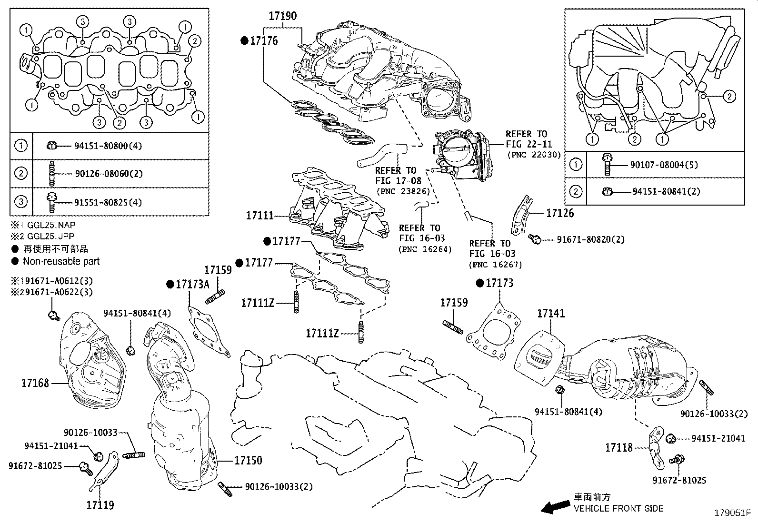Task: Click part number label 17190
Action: (x=282, y=16)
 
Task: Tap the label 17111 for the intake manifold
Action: (x=260, y=216)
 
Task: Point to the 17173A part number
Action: (x=192, y=285)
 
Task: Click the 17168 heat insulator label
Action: (x=35, y=383)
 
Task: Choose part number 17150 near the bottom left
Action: (x=248, y=460)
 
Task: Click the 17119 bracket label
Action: (x=100, y=505)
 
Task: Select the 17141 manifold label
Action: (x=551, y=314)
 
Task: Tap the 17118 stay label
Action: (x=619, y=448)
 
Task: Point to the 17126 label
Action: (x=560, y=213)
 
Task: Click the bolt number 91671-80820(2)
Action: (x=590, y=239)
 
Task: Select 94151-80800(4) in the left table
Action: (x=108, y=146)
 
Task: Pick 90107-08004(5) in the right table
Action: (x=664, y=165)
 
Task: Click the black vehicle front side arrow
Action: (x=554, y=507)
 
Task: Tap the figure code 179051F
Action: (x=732, y=513)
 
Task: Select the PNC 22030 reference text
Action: (x=534, y=155)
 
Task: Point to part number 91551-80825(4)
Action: (x=108, y=202)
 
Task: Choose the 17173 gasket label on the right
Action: (x=499, y=284)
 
